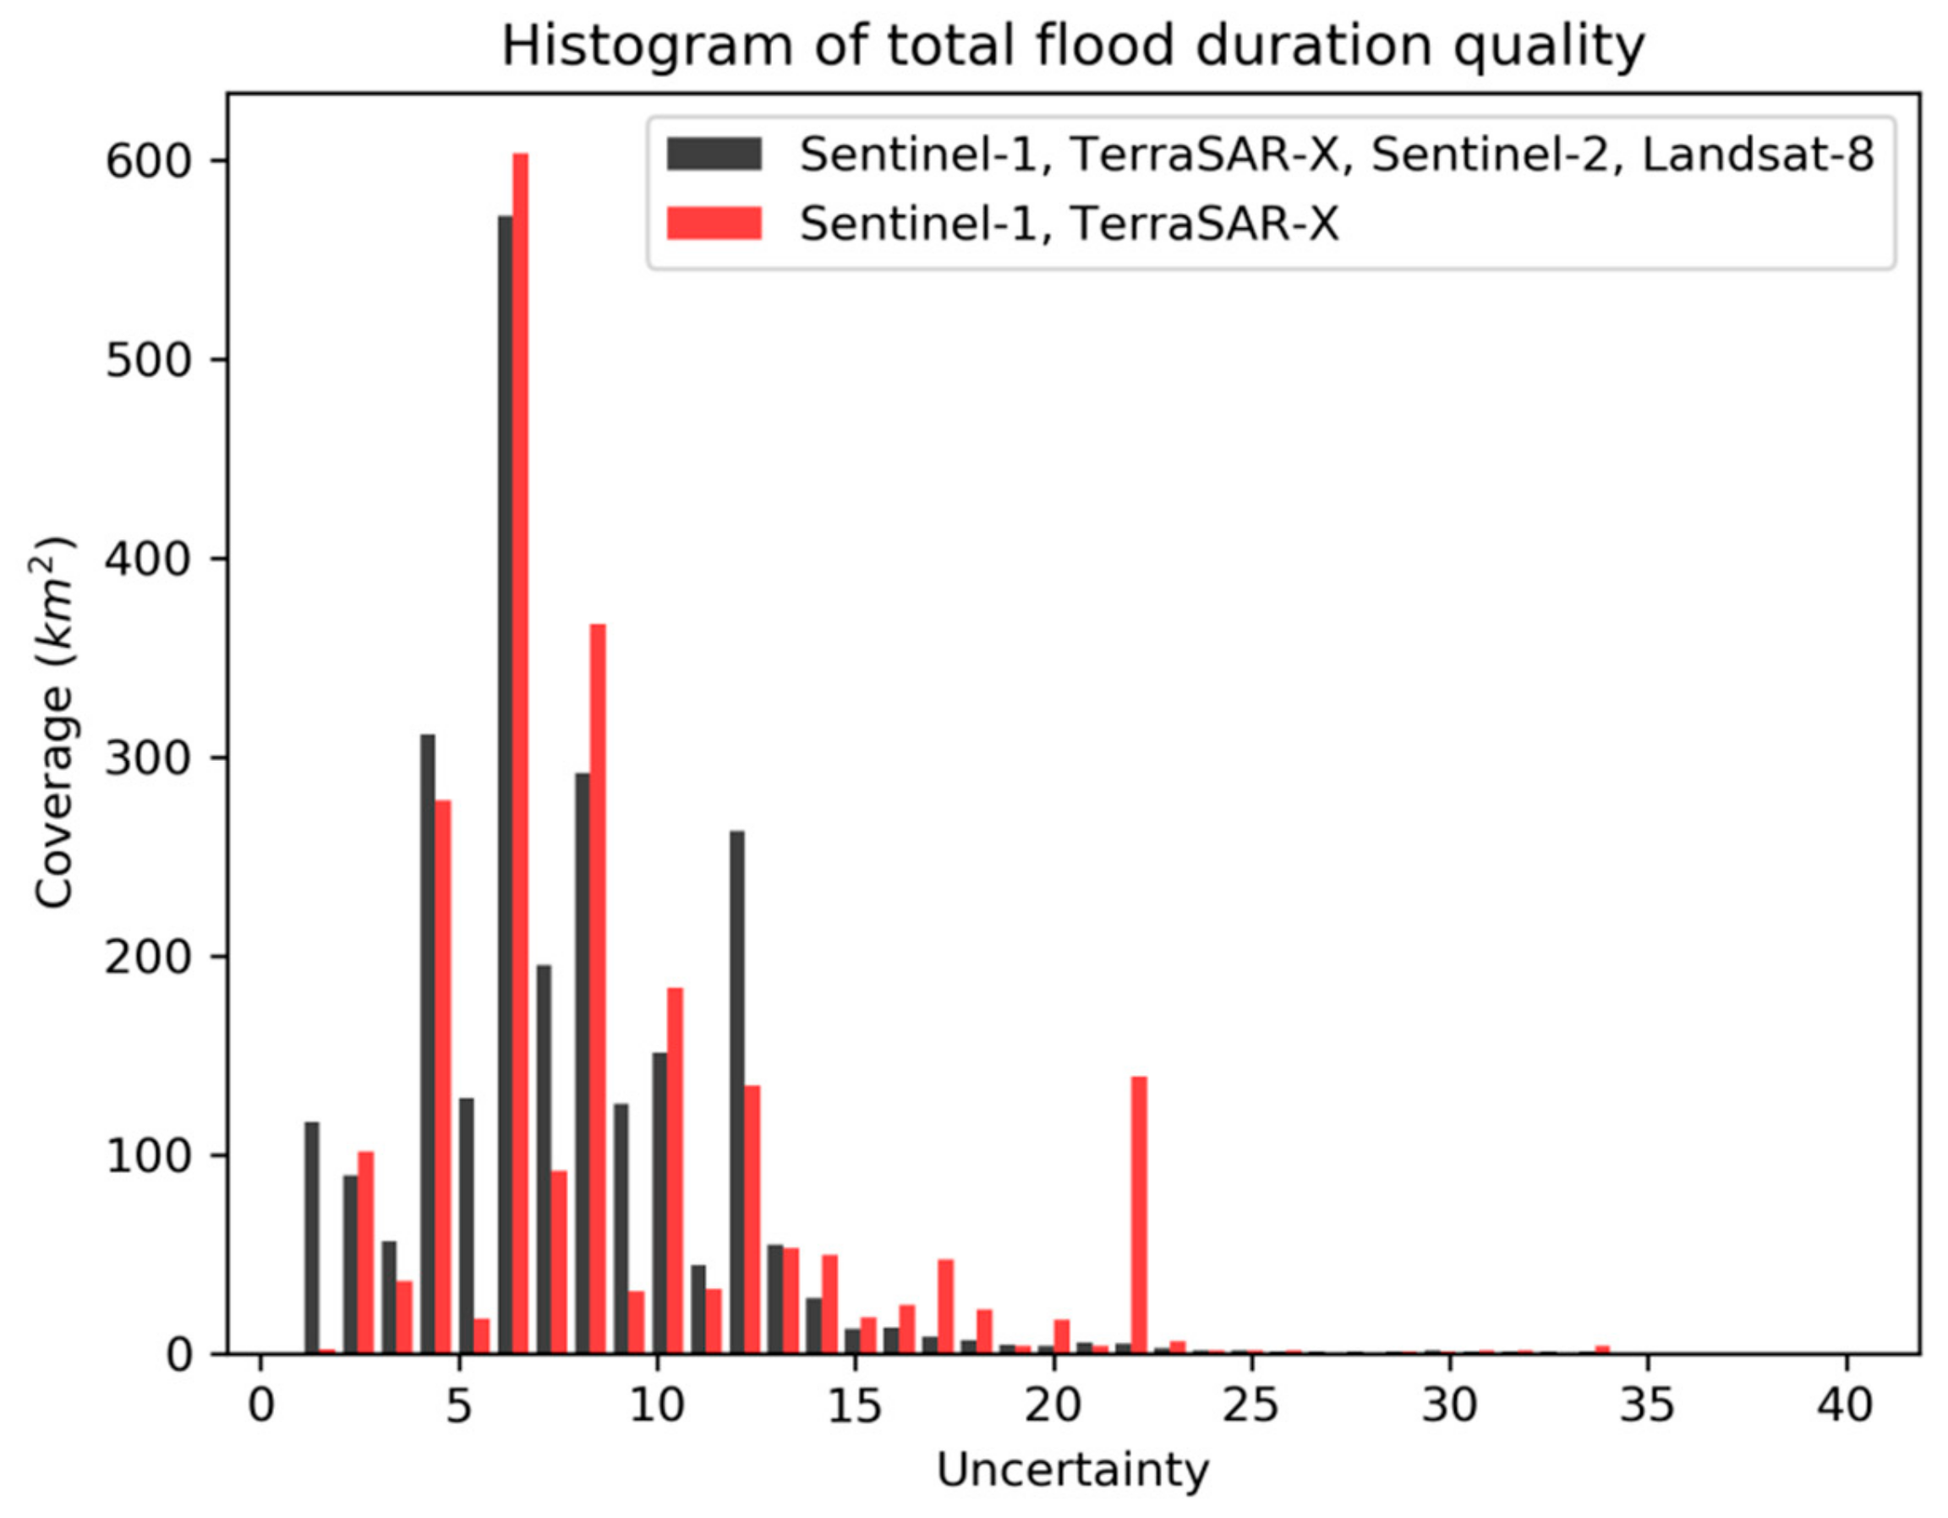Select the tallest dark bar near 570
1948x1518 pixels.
pos(505,785)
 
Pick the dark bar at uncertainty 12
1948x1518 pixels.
pos(737,1092)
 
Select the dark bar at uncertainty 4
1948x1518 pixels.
pos(428,1044)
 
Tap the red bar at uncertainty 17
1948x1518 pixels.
pos(945,1307)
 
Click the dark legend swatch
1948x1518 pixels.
pos(714,153)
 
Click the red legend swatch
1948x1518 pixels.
pos(714,223)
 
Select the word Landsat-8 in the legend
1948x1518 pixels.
pos(1757,156)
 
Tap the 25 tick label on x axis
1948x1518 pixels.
pos(1251,1406)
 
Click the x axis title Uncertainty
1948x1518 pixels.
pos(1072,1471)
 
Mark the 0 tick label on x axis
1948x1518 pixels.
pos(260,1406)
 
